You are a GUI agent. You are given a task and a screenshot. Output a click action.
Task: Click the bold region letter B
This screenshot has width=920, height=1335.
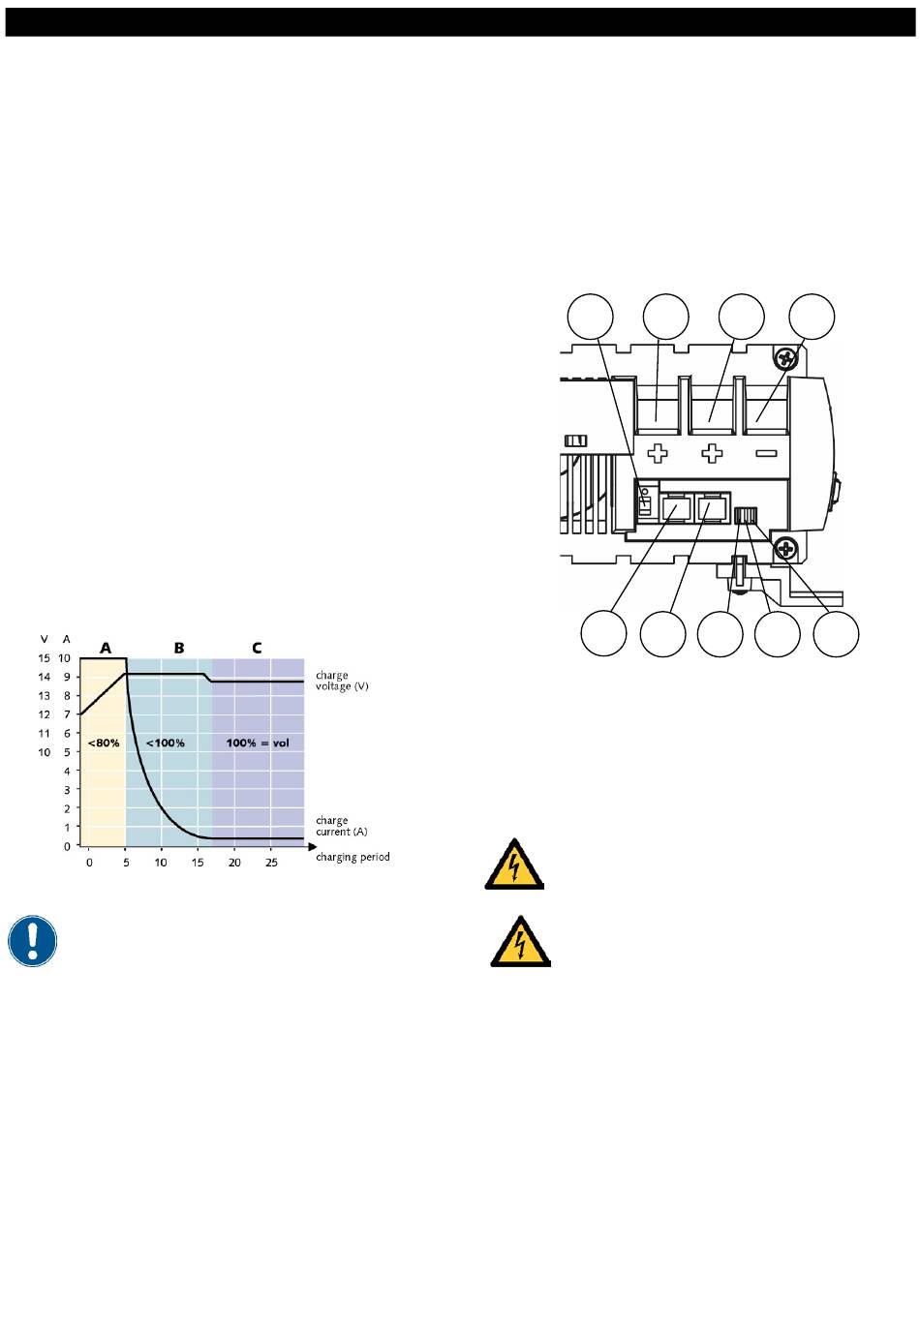point(179,648)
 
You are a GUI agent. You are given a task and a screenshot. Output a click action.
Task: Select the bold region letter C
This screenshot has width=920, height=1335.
point(257,648)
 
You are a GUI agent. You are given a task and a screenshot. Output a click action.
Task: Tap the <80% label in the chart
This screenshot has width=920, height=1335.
point(104,743)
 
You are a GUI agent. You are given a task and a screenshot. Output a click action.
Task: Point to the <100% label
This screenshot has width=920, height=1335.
point(166,743)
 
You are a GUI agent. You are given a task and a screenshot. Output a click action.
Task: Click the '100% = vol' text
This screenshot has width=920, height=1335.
point(258,743)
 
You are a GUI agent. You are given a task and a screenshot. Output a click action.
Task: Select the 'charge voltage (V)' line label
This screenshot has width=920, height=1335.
point(342,681)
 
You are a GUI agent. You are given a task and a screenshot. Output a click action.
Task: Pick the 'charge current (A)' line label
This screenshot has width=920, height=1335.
point(341,826)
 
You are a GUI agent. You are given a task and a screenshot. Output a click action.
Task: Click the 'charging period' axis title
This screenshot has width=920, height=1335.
point(353,858)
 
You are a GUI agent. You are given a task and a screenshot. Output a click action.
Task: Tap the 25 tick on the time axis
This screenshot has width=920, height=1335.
point(271,863)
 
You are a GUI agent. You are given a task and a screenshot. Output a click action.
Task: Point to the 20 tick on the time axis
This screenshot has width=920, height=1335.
point(234,863)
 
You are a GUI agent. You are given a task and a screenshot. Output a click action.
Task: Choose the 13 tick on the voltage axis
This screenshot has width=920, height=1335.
point(45,695)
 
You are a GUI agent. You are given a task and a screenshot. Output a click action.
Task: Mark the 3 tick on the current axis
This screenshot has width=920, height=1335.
point(67,790)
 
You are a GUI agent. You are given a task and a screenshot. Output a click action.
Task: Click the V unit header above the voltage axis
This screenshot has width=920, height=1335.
point(44,639)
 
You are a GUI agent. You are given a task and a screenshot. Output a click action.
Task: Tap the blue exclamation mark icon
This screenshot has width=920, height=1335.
point(32,941)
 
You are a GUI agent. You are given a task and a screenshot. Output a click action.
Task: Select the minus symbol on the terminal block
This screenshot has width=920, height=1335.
point(766,453)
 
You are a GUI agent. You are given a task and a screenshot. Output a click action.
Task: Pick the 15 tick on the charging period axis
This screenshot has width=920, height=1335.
point(198,863)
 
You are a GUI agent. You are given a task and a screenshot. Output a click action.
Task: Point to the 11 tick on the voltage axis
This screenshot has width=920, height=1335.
point(45,733)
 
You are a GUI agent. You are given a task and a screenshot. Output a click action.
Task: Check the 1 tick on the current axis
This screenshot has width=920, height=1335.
point(67,827)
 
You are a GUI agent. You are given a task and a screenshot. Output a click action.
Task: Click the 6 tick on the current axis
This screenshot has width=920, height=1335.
point(67,733)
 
